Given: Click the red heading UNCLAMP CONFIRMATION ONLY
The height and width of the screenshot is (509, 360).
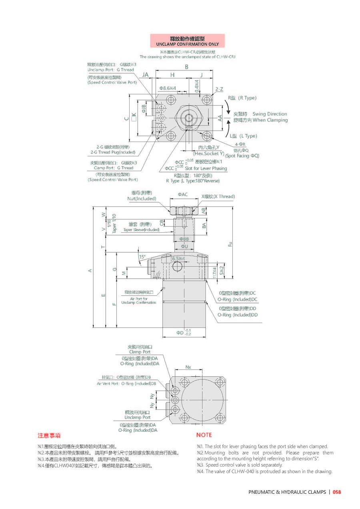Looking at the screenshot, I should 187,44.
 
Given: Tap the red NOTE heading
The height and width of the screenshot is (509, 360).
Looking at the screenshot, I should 204,435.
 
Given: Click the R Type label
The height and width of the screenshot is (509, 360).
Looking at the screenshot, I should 242,98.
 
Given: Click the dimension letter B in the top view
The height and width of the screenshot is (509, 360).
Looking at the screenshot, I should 186,67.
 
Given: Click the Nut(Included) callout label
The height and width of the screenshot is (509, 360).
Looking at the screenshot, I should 142,199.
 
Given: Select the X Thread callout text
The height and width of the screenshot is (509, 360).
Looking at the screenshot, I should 218,196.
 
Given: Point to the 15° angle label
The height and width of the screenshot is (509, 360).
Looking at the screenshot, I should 142,256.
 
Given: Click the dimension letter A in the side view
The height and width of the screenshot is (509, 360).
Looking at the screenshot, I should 90,271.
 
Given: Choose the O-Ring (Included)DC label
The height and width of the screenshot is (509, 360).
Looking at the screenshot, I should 237,299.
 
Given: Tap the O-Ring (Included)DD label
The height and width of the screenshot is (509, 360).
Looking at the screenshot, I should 237,315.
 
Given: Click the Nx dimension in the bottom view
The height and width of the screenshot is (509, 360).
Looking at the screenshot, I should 188,367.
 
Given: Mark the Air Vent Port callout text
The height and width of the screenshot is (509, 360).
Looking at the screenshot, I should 126,383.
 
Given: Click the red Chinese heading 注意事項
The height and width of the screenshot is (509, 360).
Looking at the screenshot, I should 49,435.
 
